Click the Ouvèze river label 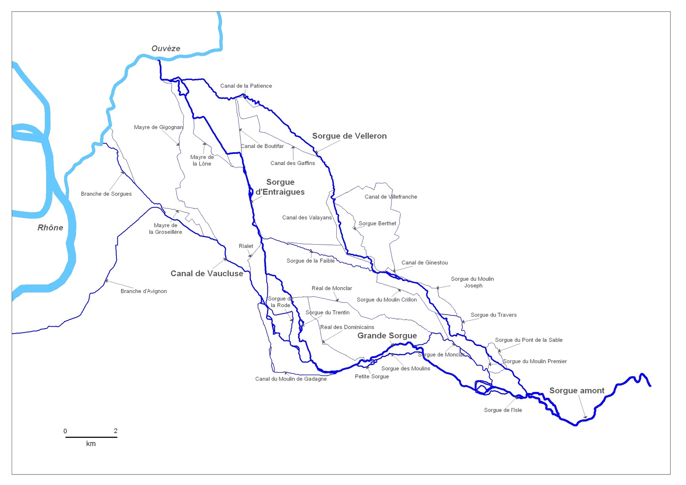[166, 49]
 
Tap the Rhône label [50, 228]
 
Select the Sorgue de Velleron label [349, 136]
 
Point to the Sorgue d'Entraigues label [280, 187]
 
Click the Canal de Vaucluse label [207, 274]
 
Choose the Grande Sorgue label [387, 336]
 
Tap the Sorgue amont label [577, 391]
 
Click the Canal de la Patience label [246, 86]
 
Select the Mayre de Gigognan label [158, 127]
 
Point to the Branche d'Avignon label [143, 291]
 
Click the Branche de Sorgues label [106, 194]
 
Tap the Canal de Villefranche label [391, 197]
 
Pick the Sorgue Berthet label [377, 223]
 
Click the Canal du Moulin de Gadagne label [291, 379]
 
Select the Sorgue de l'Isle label [503, 410]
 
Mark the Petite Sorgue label [371, 376]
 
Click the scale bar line [91, 437]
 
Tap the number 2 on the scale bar [116, 431]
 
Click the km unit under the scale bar [91, 444]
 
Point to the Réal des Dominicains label [347, 327]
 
